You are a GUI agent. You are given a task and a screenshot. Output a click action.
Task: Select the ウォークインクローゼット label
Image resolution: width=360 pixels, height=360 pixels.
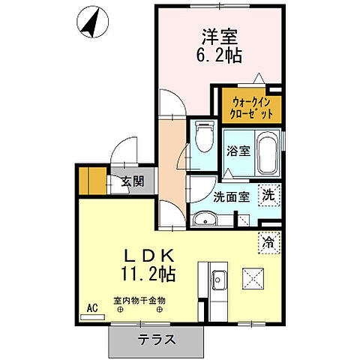click(246, 107)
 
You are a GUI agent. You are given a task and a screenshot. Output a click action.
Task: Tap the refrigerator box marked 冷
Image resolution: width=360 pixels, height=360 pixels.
click(268, 242)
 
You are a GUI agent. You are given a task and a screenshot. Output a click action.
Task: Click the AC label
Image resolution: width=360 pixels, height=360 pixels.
click(93, 307)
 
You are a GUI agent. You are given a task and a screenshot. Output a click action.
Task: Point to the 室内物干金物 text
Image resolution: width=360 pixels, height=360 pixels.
click(139, 301)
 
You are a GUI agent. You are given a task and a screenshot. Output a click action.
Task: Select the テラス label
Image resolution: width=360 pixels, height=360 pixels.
click(157, 339)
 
